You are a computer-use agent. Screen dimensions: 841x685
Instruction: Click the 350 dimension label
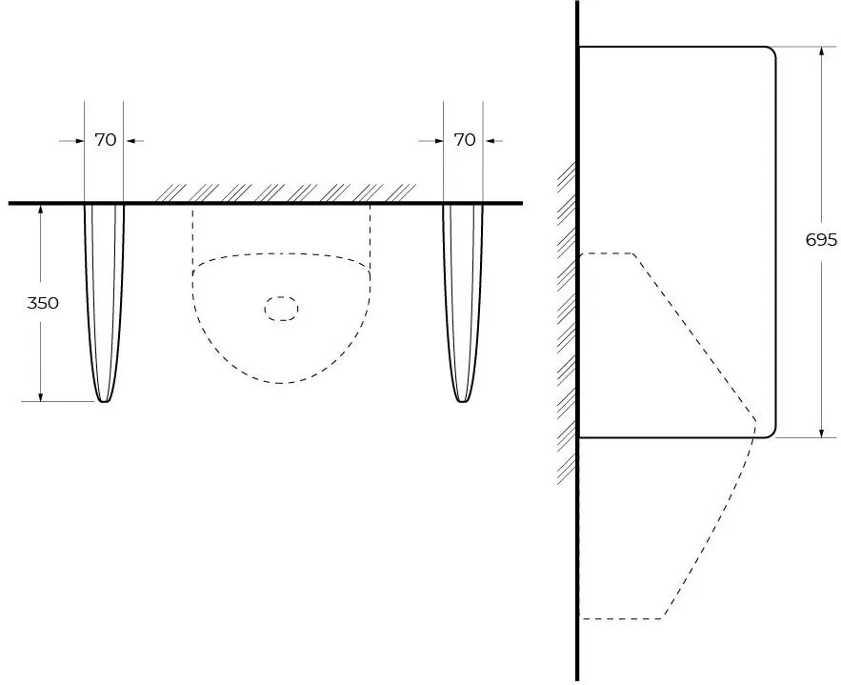coord(43,303)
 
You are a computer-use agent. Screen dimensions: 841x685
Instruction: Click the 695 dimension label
coord(821,240)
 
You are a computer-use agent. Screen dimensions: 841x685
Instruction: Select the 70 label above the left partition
coord(106,140)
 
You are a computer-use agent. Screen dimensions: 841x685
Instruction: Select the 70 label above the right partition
coord(465,140)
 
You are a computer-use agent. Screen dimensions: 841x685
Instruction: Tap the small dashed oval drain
coord(281,309)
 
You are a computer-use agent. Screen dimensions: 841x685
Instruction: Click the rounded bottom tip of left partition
coord(105,401)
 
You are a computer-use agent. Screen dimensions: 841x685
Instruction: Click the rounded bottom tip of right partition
coord(463,401)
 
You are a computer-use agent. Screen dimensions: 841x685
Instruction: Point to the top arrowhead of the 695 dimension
coord(821,50)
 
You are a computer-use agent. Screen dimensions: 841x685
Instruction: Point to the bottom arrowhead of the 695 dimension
coord(821,433)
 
